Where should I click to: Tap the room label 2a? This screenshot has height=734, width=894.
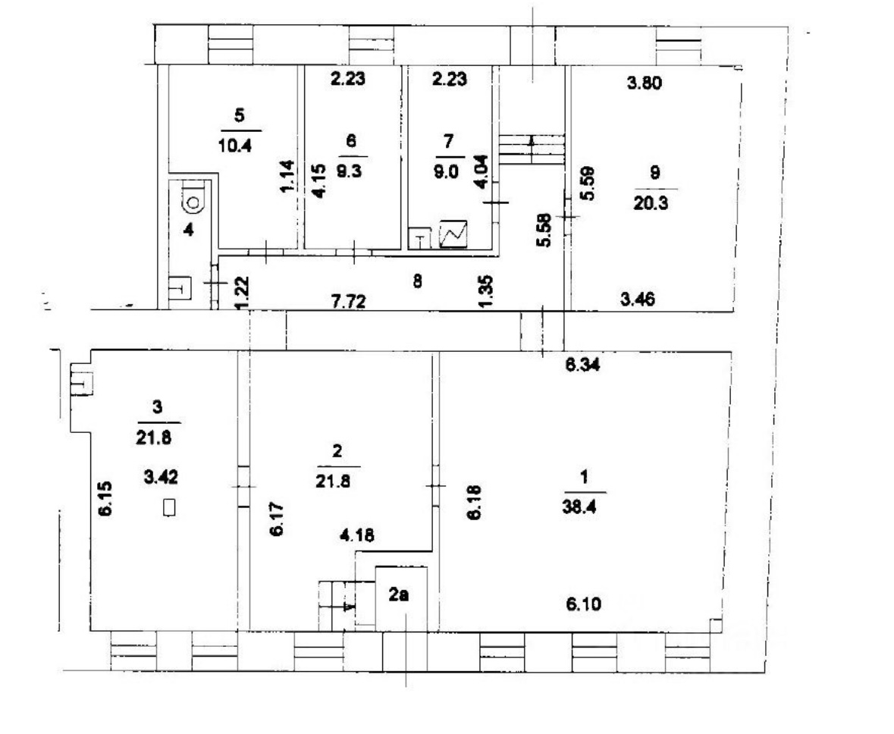(400, 594)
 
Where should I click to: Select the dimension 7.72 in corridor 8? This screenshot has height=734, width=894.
(348, 300)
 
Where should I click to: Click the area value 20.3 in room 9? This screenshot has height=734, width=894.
(651, 204)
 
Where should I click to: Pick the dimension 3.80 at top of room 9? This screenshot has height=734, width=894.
(645, 83)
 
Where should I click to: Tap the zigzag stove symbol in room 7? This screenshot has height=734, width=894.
(453, 234)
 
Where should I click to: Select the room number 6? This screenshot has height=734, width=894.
(351, 141)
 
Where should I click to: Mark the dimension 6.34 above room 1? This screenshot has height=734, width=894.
(582, 365)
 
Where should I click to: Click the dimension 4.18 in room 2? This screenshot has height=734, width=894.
(357, 535)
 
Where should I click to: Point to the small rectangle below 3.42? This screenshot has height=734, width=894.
(169, 507)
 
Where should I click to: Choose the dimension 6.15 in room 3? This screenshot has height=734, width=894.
(105, 499)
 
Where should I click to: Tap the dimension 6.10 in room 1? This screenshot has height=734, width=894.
(584, 604)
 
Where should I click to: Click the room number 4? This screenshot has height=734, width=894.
(189, 231)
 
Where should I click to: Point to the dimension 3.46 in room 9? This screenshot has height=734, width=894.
(638, 299)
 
